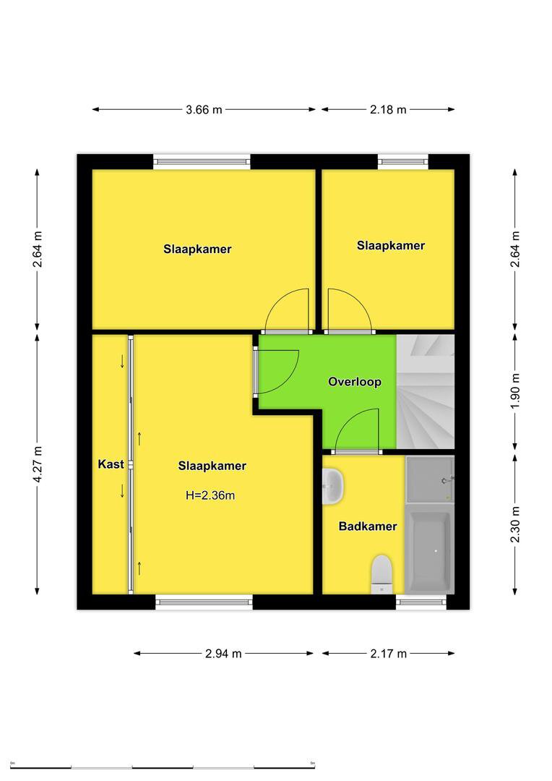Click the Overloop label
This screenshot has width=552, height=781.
coord(355,382)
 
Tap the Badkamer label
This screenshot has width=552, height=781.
coord(368,526)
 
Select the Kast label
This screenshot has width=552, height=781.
coord(111,464)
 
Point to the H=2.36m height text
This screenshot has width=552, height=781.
coord(210,495)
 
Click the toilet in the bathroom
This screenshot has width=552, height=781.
coord(382,574)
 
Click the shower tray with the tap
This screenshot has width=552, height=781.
coord(430,479)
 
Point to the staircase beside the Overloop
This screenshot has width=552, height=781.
coord(426,391)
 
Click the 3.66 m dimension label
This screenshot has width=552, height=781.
coord(204,110)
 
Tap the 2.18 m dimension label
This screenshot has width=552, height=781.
coord(388,110)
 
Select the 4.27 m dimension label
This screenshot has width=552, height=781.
coord(38,464)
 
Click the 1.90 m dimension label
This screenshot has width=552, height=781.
coord(515,391)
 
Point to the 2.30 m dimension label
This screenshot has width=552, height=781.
coord(515,524)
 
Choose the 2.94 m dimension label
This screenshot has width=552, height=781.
coord(223,654)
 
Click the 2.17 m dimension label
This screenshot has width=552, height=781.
coord(388,654)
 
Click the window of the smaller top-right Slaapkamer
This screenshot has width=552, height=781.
coord(402,161)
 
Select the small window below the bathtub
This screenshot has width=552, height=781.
coord(421,602)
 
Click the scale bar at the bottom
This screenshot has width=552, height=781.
coord(163,767)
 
